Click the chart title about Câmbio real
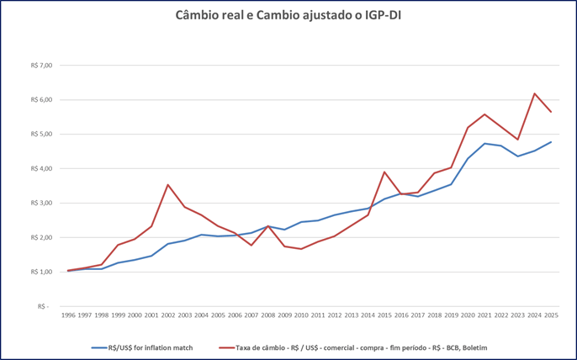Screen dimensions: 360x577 click(288, 15)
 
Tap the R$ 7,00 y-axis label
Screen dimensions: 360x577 click(41, 65)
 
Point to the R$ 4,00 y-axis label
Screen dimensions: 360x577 click(41, 168)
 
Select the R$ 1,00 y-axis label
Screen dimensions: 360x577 click(41, 272)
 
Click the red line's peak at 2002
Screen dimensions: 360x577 click(168, 185)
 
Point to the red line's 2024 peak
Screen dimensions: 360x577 click(534, 93)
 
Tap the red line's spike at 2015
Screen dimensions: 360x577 click(384, 172)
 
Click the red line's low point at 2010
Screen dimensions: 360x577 click(301, 249)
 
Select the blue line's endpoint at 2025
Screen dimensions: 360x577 click(551, 142)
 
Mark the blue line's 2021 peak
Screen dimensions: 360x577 click(484, 144)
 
